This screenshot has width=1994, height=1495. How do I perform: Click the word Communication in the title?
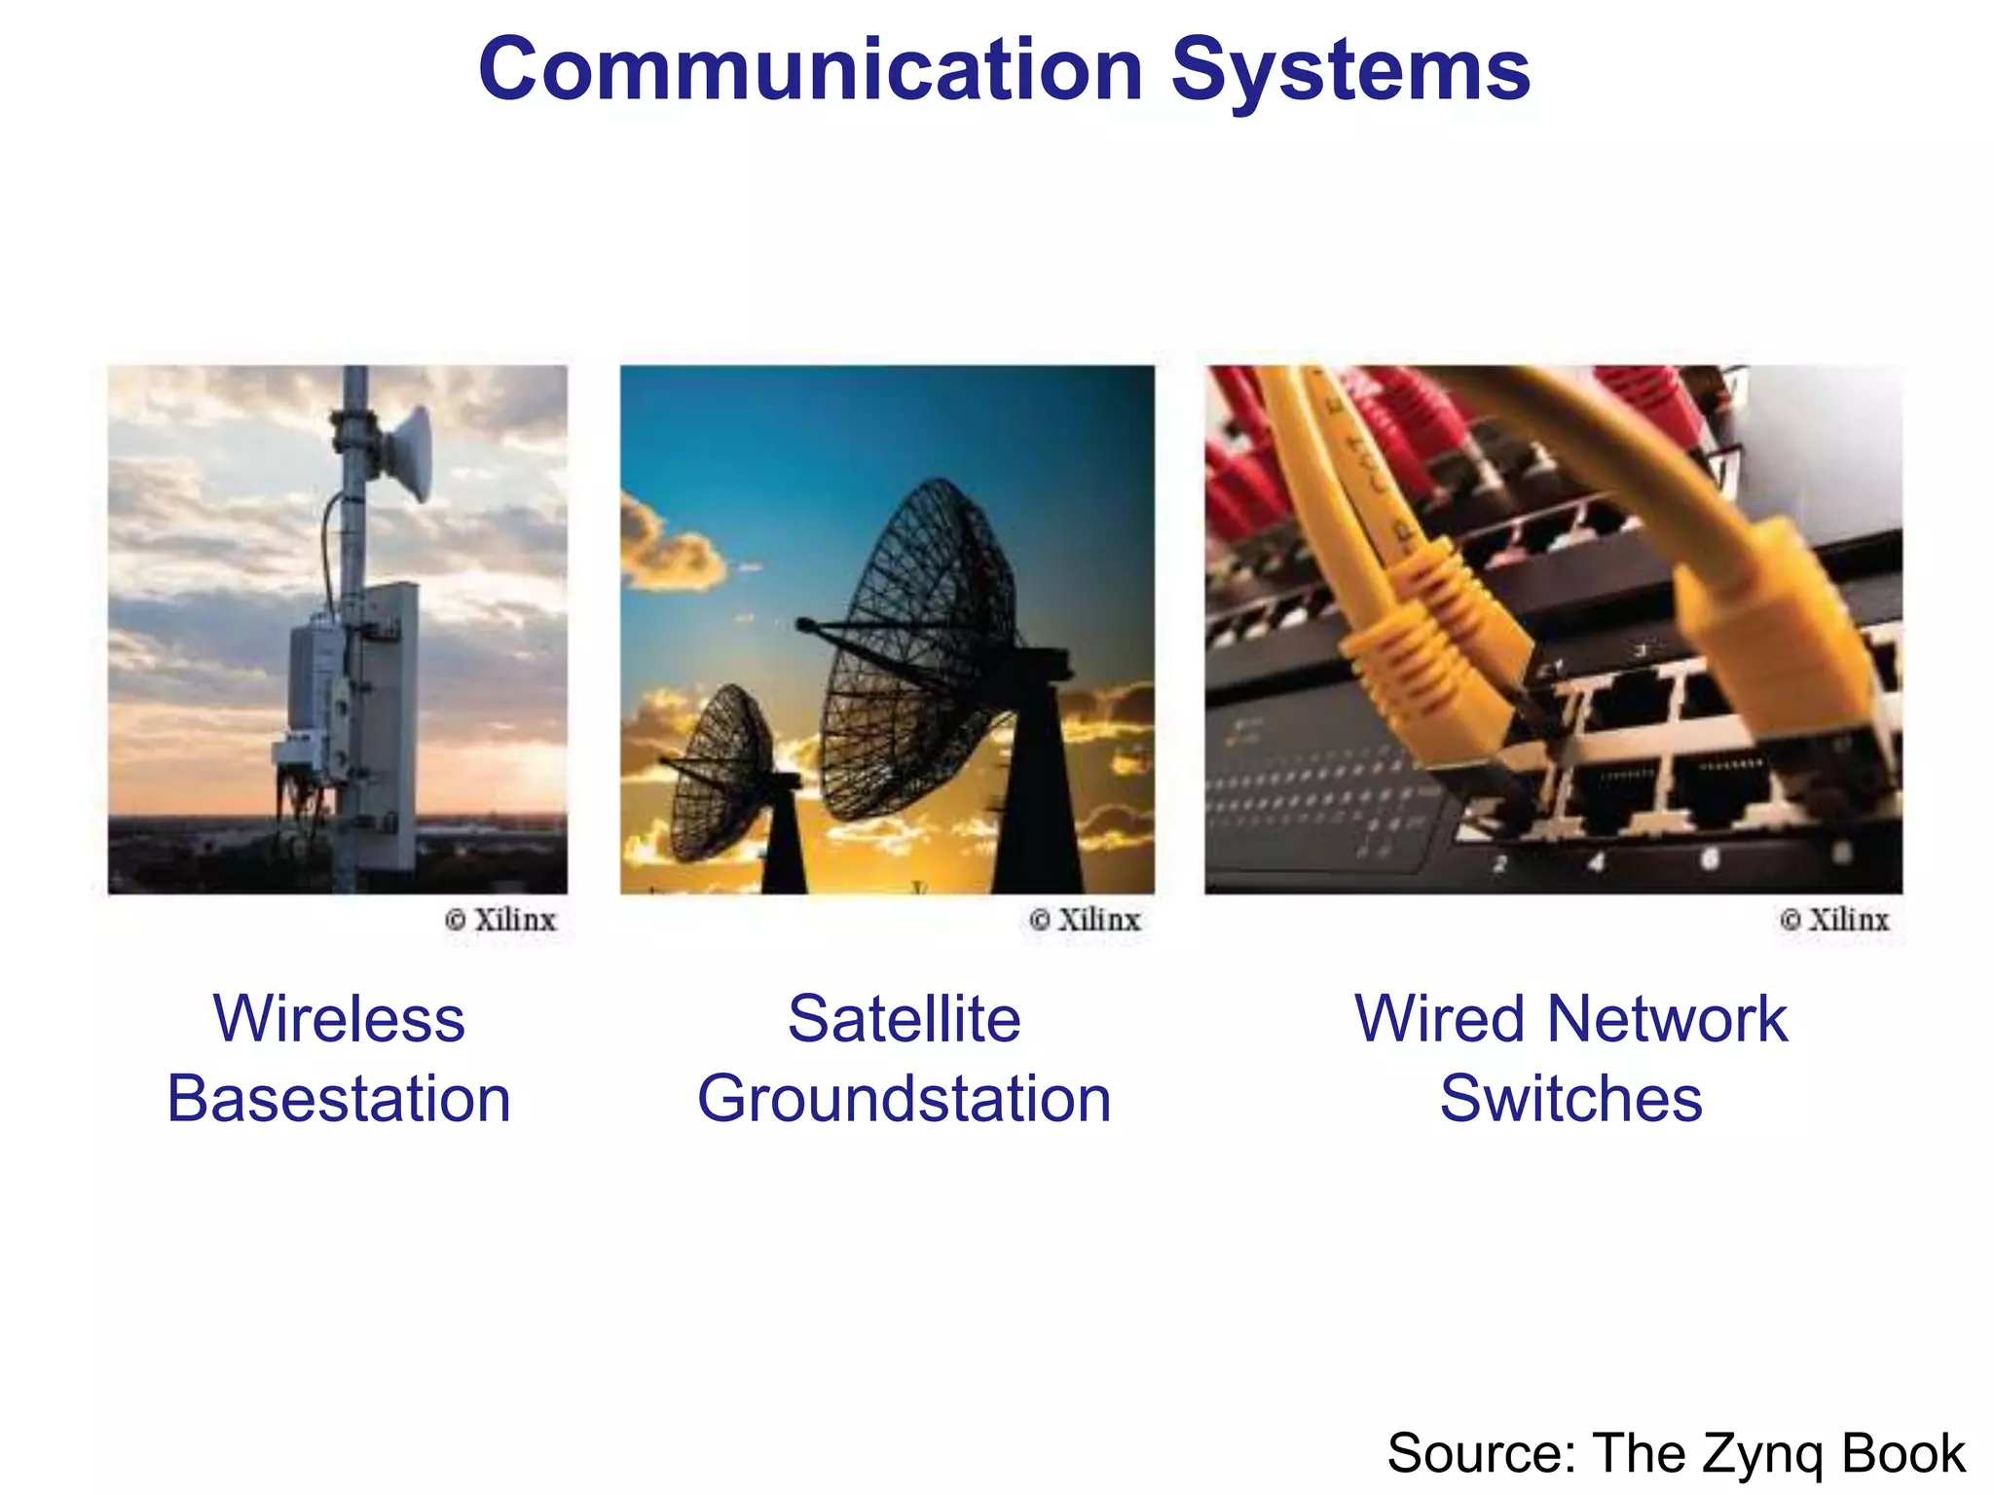(810, 70)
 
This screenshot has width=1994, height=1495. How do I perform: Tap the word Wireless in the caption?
(339, 1019)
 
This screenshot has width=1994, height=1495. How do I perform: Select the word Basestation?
(339, 1099)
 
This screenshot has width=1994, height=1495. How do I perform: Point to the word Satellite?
(904, 1019)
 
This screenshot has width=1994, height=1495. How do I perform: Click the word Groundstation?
(904, 1099)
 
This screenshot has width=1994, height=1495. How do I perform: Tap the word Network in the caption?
(1667, 1019)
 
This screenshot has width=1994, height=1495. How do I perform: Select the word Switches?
(1570, 1099)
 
